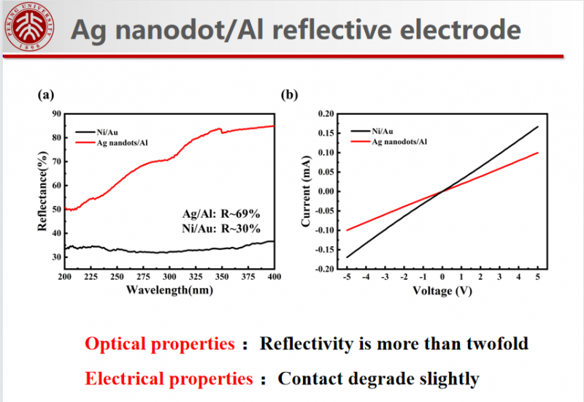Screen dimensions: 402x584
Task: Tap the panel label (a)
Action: point(46,94)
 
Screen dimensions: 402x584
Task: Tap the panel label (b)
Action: point(290,94)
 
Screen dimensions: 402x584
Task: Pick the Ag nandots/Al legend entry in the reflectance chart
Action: point(128,143)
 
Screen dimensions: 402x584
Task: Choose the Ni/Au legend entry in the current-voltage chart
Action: point(384,130)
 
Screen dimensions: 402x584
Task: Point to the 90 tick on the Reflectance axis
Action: point(55,113)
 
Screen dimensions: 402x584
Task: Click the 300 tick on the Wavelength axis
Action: point(169,278)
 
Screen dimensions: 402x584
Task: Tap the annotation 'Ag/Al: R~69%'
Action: point(221,213)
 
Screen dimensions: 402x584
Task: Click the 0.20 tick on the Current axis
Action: point(324,113)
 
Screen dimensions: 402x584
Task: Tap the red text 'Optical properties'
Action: point(160,344)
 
